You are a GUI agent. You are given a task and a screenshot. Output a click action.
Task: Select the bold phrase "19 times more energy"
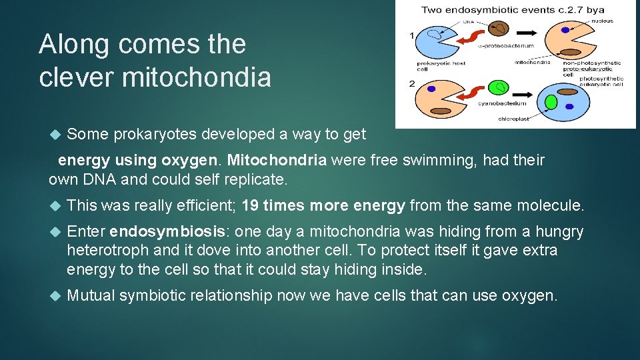pos(323,206)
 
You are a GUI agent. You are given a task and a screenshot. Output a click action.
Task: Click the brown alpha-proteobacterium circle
pos(499,29)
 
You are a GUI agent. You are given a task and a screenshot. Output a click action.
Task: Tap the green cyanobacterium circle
pos(498,87)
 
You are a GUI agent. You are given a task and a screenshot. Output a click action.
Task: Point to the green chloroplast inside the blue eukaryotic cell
pos(551,102)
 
